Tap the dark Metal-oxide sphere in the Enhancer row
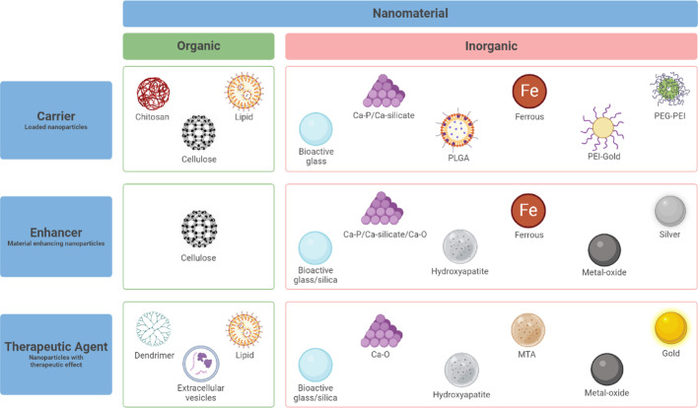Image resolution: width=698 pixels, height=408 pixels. point(604,247)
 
